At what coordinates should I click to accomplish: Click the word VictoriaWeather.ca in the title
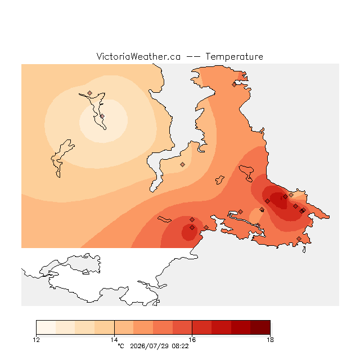138,56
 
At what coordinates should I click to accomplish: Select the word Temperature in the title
234,56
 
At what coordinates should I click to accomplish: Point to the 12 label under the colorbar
36,340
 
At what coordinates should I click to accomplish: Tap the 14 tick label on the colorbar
114,340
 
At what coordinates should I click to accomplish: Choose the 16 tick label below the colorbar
192,340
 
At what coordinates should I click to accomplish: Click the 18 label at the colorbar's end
270,340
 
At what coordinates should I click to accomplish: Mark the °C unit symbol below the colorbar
121,346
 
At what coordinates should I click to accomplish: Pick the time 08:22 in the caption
180,346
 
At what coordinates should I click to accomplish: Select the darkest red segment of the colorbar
260,327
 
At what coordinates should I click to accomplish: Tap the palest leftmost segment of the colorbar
46,327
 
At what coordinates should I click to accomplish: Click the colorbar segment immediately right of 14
124,327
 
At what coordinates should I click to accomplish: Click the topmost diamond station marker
234,85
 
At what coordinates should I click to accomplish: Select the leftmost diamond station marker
90,93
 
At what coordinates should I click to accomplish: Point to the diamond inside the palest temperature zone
102,116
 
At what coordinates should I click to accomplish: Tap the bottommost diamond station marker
299,238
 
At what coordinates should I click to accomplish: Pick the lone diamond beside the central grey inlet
182,164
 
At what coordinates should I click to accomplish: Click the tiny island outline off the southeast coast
304,250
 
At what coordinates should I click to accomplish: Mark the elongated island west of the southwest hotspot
164,219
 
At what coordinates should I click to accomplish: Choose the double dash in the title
193,57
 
